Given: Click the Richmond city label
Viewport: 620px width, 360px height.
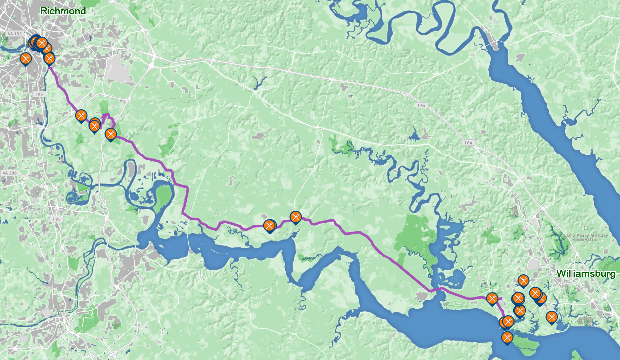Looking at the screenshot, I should point(62,11).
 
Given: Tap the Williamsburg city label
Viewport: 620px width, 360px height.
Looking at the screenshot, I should point(585,273).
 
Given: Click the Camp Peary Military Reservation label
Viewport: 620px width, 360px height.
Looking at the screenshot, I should point(585,237).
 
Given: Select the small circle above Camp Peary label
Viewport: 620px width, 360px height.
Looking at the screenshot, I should point(585,228).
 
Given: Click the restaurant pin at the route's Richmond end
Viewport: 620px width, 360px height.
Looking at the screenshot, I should point(49,58).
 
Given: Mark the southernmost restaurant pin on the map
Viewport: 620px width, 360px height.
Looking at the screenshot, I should point(507,337).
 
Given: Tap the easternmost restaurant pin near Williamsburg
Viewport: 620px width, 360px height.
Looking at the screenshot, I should point(551,317).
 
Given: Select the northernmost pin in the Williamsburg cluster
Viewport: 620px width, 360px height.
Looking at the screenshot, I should point(523,280).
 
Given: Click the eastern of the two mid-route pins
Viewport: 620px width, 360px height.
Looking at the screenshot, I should point(295,217).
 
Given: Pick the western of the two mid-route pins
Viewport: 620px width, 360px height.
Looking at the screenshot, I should point(269,226).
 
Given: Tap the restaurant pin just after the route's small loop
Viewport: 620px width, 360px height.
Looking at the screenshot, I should point(111,133).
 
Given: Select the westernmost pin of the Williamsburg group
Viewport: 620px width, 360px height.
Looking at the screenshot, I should point(492,298).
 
